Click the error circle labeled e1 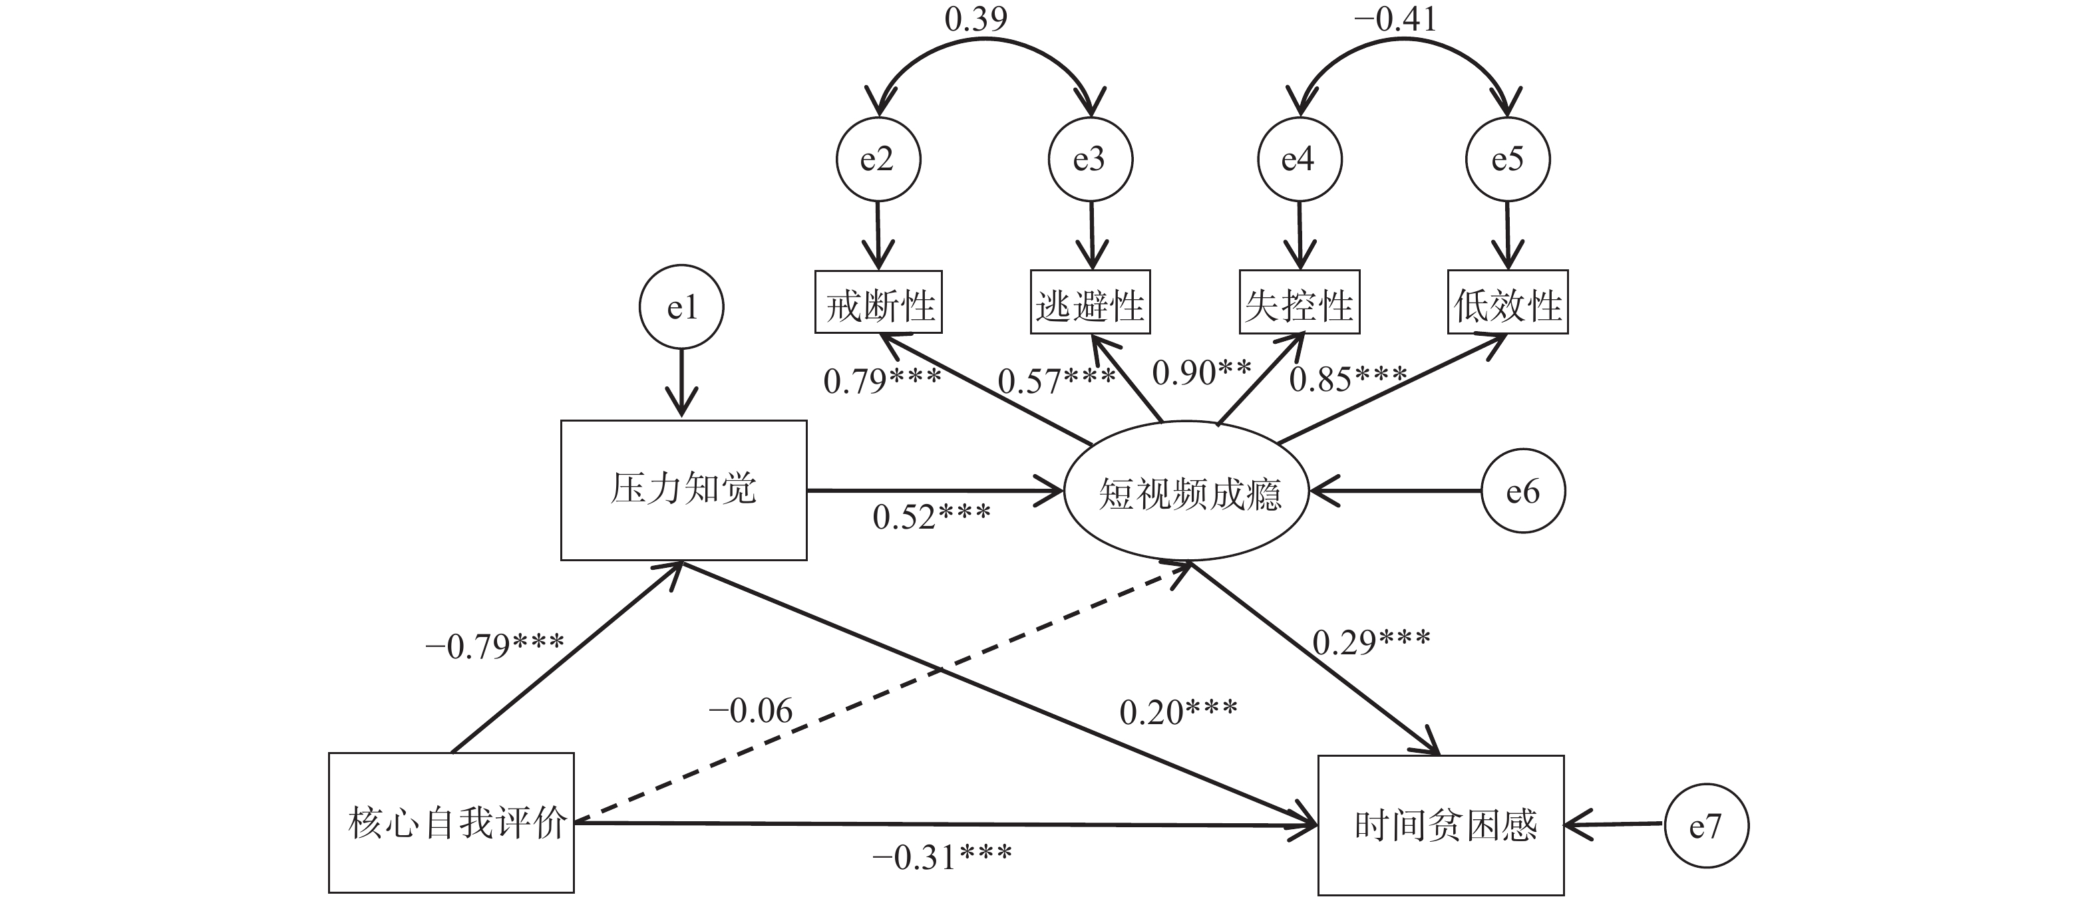682,307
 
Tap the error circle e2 878,160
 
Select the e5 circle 1507,160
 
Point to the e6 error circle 1522,491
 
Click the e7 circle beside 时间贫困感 1705,827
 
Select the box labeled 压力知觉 683,489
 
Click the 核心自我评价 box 452,823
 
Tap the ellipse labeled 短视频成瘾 1187,493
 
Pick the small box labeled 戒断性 879,303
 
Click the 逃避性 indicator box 1091,303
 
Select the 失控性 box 1299,303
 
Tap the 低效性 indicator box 1508,303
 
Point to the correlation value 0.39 975,19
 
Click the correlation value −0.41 1395,19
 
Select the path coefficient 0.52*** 932,517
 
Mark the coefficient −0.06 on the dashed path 750,712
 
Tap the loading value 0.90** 1202,372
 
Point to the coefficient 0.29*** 1371,642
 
